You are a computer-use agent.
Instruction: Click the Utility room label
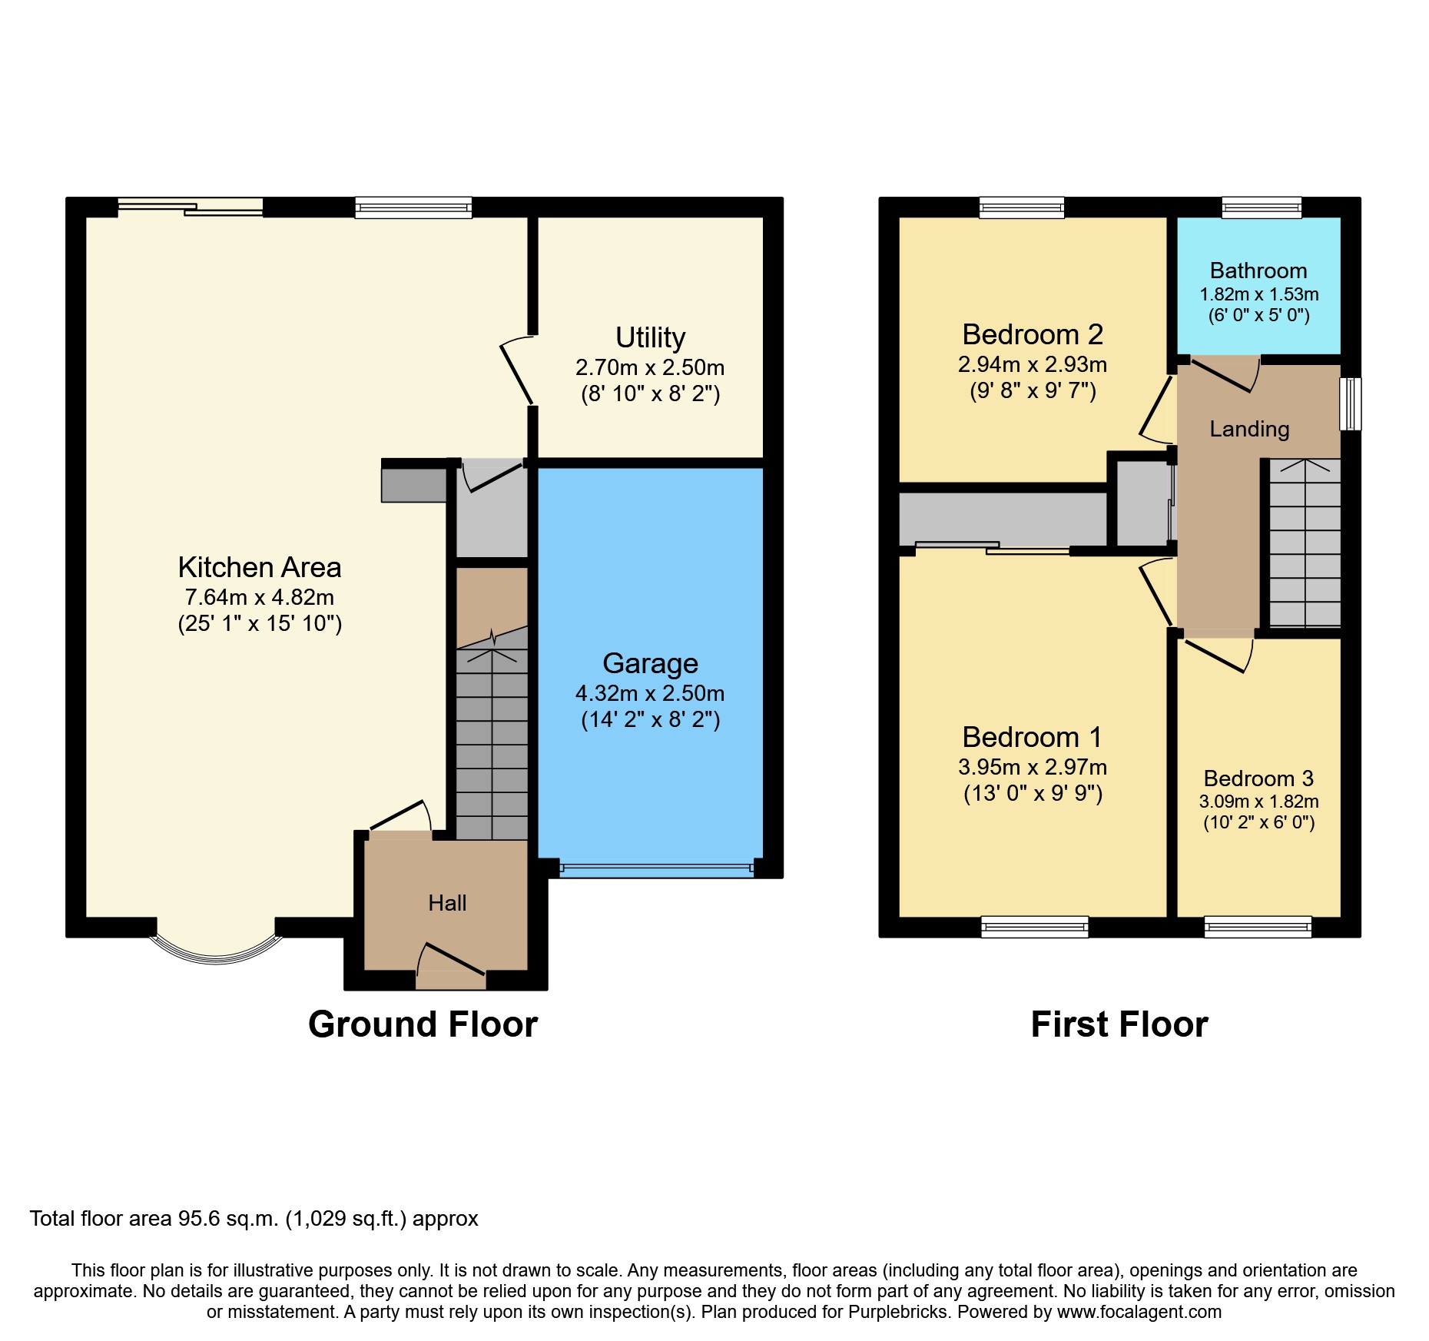click(650, 337)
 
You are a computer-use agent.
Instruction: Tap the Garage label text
click(650, 663)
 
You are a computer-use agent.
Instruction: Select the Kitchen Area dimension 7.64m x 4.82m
click(259, 597)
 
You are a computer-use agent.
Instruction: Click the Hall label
click(447, 903)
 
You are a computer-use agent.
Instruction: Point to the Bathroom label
click(1258, 271)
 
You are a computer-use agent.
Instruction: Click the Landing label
click(1249, 429)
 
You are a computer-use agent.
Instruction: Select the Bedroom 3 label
click(1258, 778)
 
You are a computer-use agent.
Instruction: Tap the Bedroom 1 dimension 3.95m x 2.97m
click(1032, 767)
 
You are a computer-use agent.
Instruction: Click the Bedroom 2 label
click(1032, 334)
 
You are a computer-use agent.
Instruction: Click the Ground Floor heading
click(423, 1024)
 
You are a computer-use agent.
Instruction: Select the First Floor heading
click(1119, 1024)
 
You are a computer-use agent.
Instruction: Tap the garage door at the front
click(656, 868)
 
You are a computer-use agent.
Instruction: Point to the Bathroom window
click(1262, 207)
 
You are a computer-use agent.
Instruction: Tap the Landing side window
click(1350, 403)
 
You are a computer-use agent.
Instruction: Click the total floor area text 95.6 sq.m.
click(254, 1219)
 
